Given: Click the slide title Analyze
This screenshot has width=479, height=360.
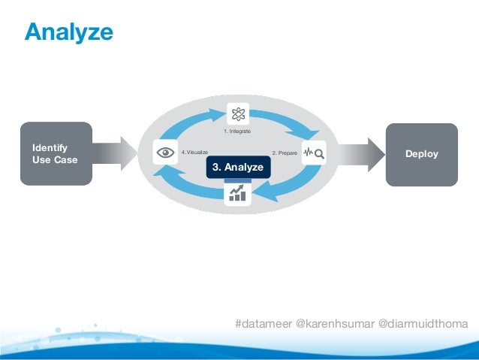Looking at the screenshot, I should tap(68, 32).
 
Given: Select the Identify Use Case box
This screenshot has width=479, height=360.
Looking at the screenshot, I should tap(57, 153).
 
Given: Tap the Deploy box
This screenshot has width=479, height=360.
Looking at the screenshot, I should tap(421, 154).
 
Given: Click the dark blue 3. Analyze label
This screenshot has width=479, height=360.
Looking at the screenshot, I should tap(237, 167).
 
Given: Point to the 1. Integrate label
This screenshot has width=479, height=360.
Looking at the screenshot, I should tap(237, 132).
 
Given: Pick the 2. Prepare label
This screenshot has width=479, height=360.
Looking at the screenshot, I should tap(285, 153).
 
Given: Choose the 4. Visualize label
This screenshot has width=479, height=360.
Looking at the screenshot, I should tap(194, 152).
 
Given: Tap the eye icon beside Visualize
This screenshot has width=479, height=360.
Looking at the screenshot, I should tap(164, 152).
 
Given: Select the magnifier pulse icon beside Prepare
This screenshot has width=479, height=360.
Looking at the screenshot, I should tap(314, 153).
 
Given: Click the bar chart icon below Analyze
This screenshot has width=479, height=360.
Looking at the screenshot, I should tap(238, 195).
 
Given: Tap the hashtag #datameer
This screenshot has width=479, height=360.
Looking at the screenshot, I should tap(264, 323).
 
